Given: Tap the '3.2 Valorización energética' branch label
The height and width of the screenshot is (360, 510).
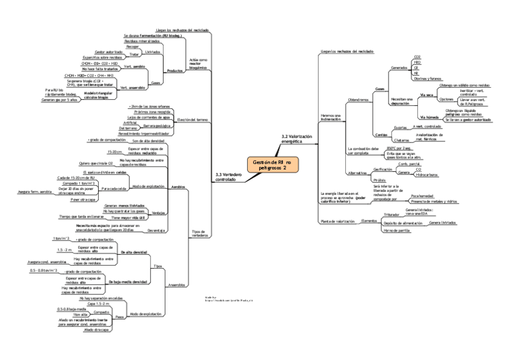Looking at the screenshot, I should pyautogui.click(x=297, y=139).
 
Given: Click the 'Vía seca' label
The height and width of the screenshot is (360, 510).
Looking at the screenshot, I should pyautogui.click(x=426, y=95).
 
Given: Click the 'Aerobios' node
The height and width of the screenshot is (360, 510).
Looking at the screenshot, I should pyautogui.click(x=178, y=187).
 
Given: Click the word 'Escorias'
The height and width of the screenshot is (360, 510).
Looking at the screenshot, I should pyautogui.click(x=399, y=127).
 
